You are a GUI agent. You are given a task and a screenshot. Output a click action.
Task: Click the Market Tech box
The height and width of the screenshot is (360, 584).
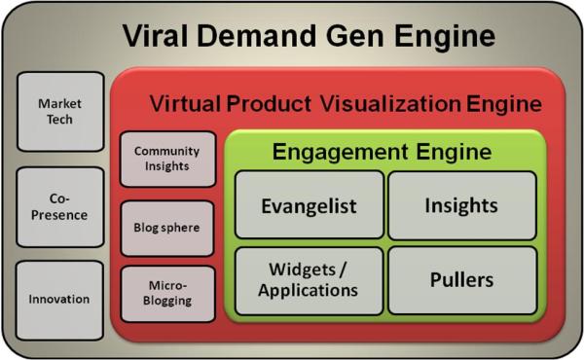pyautogui.click(x=60, y=111)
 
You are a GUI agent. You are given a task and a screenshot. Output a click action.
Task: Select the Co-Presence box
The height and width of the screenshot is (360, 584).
pyautogui.click(x=60, y=206)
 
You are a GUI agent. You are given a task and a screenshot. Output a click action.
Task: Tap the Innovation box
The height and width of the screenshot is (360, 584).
pyautogui.click(x=60, y=300)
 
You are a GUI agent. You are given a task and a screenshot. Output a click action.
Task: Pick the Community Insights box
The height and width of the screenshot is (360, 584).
pyautogui.click(x=166, y=159)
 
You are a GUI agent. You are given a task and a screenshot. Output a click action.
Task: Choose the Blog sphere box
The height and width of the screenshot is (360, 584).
pyautogui.click(x=166, y=228)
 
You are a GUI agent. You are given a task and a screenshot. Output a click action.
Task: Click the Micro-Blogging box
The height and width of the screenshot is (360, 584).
pyautogui.click(x=166, y=294)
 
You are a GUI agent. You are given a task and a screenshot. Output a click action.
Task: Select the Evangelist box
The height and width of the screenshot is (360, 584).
pyautogui.click(x=309, y=205)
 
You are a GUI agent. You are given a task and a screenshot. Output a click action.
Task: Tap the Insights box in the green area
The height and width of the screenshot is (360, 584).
pyautogui.click(x=461, y=205)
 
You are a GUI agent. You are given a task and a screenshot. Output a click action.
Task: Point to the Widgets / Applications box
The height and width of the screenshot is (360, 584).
pyautogui.click(x=309, y=280)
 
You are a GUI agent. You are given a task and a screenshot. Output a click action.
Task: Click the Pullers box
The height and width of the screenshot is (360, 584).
pyautogui.click(x=461, y=280)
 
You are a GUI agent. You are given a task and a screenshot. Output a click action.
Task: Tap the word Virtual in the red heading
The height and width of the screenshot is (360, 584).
pyautogui.click(x=185, y=102)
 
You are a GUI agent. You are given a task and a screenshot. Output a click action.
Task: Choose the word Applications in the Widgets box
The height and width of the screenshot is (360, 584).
pyautogui.click(x=309, y=290)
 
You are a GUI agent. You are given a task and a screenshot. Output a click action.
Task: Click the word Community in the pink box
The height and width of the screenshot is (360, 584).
pyautogui.click(x=166, y=151)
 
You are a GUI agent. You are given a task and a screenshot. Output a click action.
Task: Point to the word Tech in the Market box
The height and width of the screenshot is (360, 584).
pyautogui.click(x=60, y=119)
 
